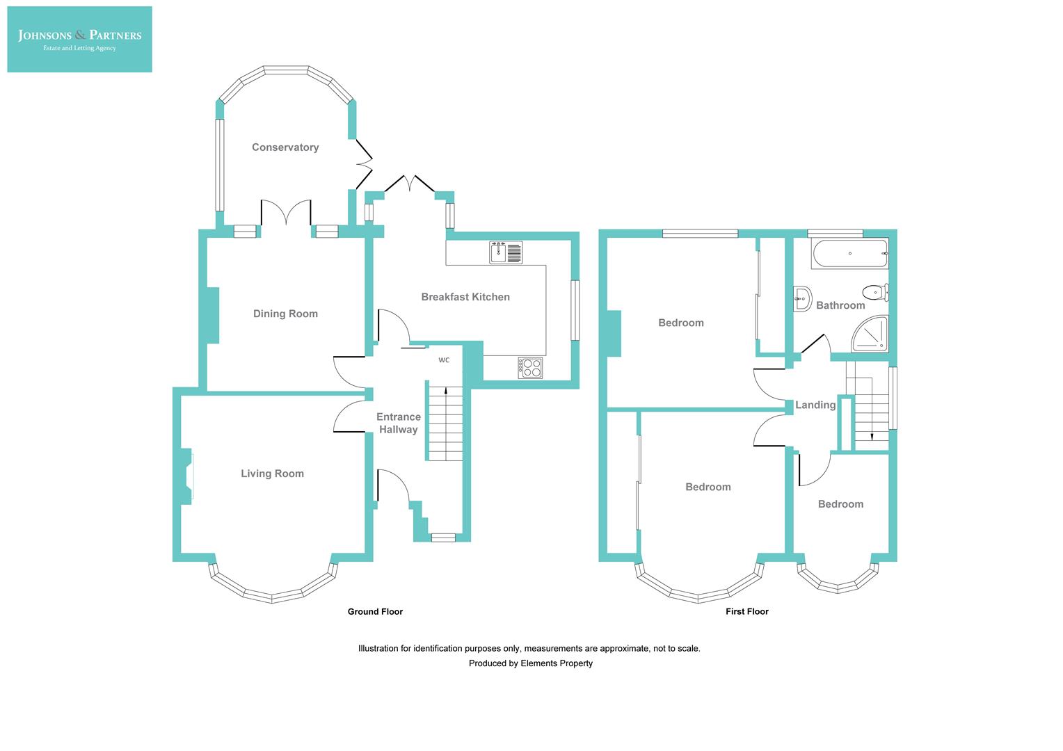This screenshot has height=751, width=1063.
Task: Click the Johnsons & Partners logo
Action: [79, 39]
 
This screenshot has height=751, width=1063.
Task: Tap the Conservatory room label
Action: [285, 147]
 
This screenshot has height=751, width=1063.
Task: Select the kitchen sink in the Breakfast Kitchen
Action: [506, 252]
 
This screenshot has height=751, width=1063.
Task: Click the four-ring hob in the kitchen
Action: [530, 367]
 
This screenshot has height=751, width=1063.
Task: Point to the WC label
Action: [444, 360]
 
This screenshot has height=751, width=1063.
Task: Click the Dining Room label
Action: [285, 314]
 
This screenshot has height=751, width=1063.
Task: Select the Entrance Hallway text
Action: [399, 423]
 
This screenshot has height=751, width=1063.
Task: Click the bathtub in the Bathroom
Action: [849, 254]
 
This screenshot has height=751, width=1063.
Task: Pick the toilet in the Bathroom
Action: [874, 291]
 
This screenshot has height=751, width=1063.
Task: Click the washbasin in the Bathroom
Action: [802, 298]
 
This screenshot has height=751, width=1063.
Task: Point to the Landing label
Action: [815, 405]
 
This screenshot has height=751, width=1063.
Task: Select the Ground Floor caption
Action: [375, 612]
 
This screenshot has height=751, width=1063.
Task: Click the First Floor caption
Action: [746, 612]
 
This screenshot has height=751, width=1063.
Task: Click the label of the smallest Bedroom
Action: [840, 504]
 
